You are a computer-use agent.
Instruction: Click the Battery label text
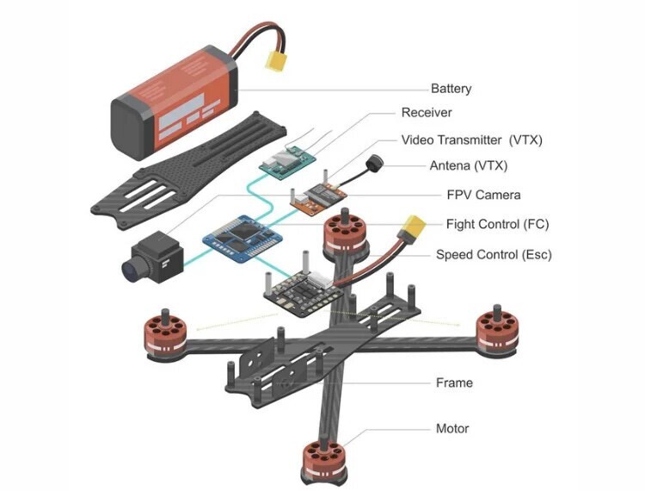tap(451, 88)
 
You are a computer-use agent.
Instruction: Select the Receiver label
tap(426, 113)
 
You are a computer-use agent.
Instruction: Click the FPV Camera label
tap(483, 195)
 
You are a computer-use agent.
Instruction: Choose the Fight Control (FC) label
tap(497, 225)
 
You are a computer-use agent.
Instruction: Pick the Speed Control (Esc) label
tap(494, 255)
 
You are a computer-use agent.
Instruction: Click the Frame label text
tap(454, 382)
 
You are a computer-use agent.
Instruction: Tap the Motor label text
tap(452, 428)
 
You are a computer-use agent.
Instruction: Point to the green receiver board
tap(289, 163)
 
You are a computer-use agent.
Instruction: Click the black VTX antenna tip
tap(376, 163)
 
